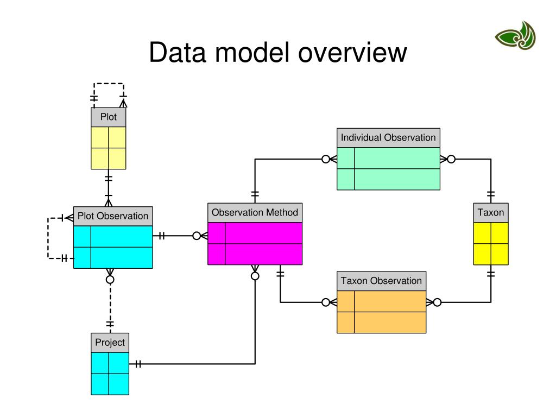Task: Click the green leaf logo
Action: click(515, 36)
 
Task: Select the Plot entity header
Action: click(108, 117)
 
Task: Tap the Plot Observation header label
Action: click(113, 216)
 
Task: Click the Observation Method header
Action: click(255, 212)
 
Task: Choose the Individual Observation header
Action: click(388, 138)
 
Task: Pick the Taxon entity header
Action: click(491, 212)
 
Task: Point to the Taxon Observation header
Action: click(381, 281)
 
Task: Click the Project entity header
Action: click(110, 343)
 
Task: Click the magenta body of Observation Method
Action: click(255, 243)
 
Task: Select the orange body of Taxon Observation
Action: click(381, 312)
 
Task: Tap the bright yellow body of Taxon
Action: click(491, 243)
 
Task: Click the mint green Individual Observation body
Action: click(388, 169)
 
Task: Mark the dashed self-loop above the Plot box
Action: click(109, 84)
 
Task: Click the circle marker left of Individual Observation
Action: click(326, 159)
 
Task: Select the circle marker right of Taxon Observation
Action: click(437, 302)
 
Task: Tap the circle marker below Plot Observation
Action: click(110, 279)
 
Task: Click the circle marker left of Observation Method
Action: click(197, 236)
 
